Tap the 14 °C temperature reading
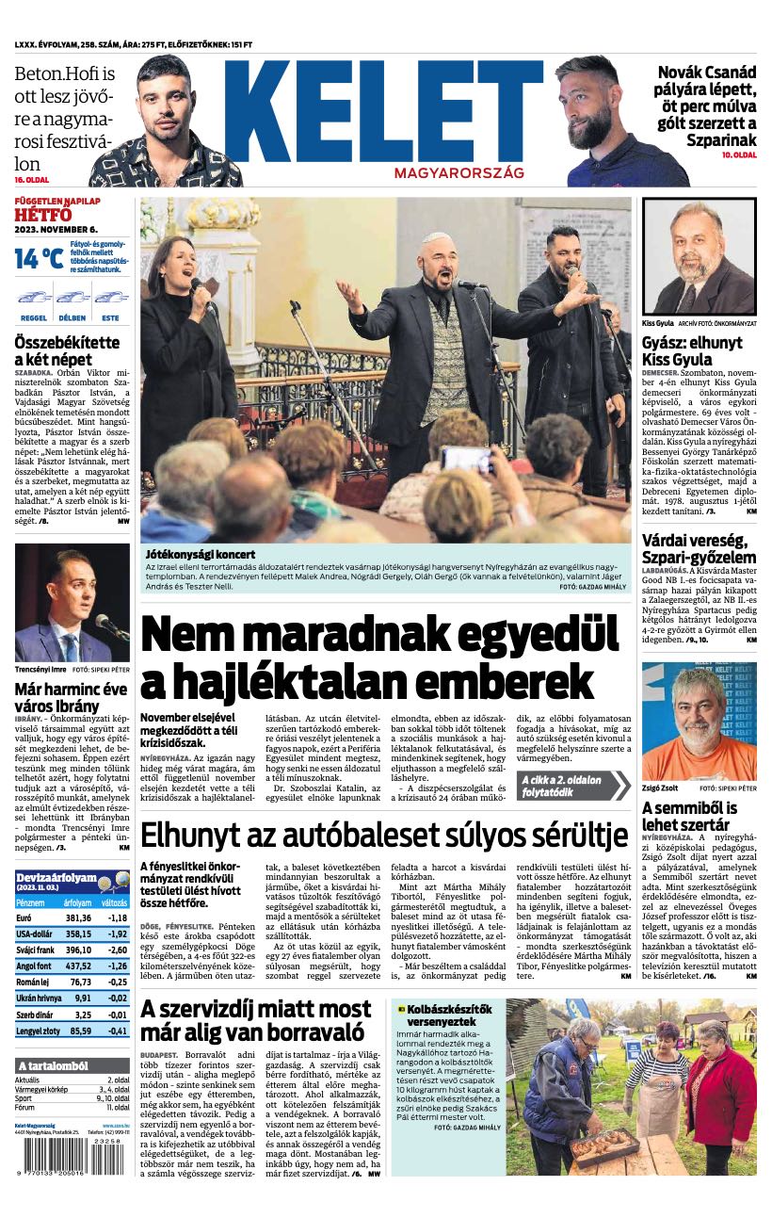tap(39, 258)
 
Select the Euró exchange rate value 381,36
tap(78, 918)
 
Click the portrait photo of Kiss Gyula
tap(699, 256)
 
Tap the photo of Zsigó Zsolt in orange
tap(699, 721)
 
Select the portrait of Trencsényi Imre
tap(72, 603)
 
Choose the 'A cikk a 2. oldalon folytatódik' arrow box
tap(572, 786)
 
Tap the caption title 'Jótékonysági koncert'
tap(200, 555)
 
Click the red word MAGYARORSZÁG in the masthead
tap(458, 174)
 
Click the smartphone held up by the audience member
tap(466, 459)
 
